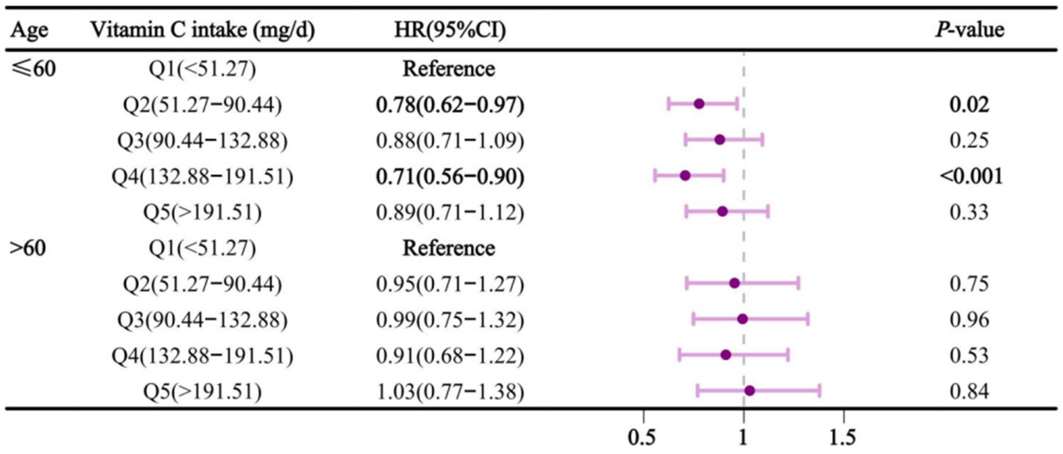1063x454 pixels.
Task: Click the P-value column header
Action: pyautogui.click(x=969, y=30)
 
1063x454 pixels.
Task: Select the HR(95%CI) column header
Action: pyautogui.click(x=450, y=30)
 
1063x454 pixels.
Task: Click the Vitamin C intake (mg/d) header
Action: pyautogui.click(x=203, y=30)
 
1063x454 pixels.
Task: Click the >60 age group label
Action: pyautogui.click(x=28, y=248)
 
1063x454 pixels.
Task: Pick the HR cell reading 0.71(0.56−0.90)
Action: pyautogui.click(x=450, y=177)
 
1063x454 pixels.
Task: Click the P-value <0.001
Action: pyautogui.click(x=971, y=177)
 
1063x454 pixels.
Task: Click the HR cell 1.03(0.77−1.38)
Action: pyautogui.click(x=450, y=391)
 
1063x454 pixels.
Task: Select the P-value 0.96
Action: pyautogui.click(x=969, y=320)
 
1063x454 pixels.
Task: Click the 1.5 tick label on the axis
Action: pyautogui.click(x=843, y=437)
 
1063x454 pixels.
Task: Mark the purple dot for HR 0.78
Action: pyautogui.click(x=699, y=104)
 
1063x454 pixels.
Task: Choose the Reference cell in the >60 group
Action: pyautogui.click(x=449, y=248)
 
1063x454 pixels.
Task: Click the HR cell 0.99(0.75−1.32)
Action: pyautogui.click(x=450, y=320)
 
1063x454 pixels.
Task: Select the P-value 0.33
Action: pyautogui.click(x=969, y=212)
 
